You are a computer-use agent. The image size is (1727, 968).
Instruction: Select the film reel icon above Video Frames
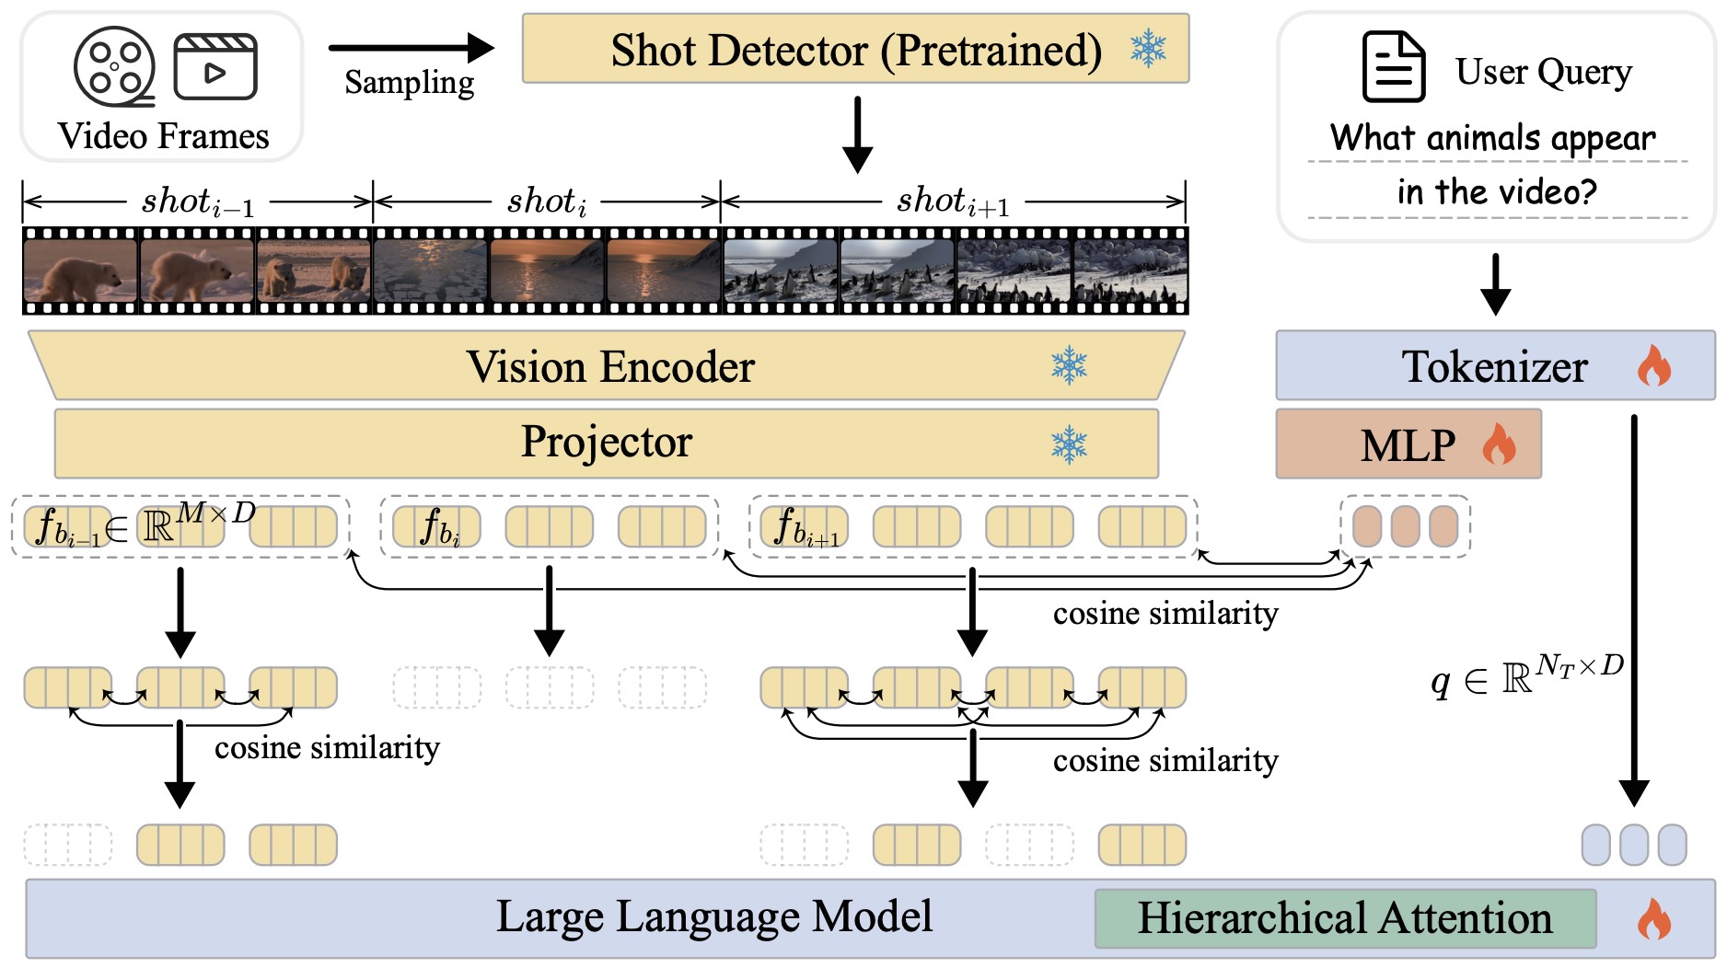tap(114, 66)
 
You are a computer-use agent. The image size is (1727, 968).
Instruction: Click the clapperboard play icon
tap(214, 67)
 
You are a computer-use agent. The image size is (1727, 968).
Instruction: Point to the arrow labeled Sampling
tap(411, 48)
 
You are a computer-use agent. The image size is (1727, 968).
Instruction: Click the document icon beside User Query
tap(1393, 66)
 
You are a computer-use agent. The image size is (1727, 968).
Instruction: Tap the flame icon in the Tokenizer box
tap(1653, 366)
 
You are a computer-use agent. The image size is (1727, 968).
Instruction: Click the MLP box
tap(1408, 445)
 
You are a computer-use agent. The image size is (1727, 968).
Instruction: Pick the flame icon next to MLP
tap(1499, 444)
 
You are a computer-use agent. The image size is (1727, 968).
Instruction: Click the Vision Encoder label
tap(610, 367)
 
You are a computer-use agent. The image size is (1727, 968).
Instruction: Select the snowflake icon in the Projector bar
tap(1069, 444)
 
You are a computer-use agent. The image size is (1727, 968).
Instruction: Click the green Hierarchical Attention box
tap(1344, 918)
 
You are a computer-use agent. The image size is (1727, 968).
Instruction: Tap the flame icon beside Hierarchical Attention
tap(1653, 918)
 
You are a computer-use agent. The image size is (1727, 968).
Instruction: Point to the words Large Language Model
tap(713, 916)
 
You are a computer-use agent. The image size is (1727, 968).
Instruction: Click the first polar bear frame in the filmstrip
tap(80, 271)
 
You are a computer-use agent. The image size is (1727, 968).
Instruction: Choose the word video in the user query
tap(1555, 192)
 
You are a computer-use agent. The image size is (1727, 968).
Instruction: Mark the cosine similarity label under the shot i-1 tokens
tap(327, 748)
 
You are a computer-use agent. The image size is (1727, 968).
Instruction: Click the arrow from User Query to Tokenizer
tap(1495, 284)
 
